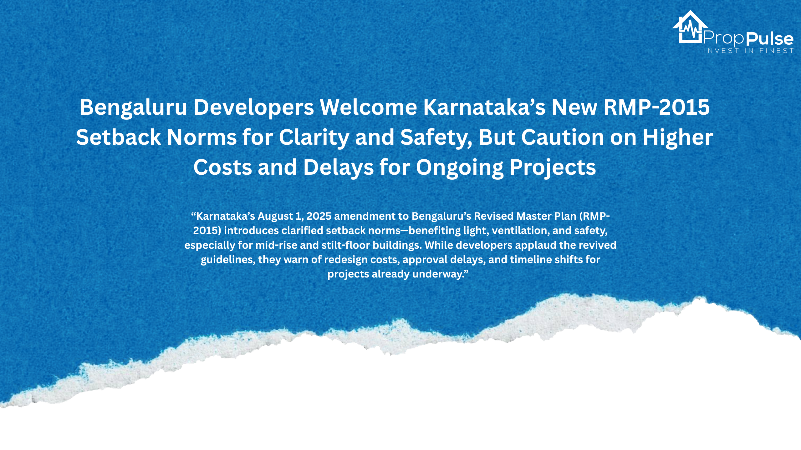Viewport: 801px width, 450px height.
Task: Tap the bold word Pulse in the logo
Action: tap(770, 39)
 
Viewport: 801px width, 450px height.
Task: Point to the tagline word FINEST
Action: tap(777, 51)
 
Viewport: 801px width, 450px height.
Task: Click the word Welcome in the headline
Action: tap(368, 107)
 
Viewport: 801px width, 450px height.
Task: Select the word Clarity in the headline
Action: tap(314, 137)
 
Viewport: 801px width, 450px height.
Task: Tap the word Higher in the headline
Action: tap(678, 137)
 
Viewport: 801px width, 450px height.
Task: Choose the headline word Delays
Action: tap(339, 167)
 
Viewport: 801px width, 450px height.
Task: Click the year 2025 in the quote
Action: tap(319, 216)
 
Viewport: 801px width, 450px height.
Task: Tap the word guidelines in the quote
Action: tap(227, 260)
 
